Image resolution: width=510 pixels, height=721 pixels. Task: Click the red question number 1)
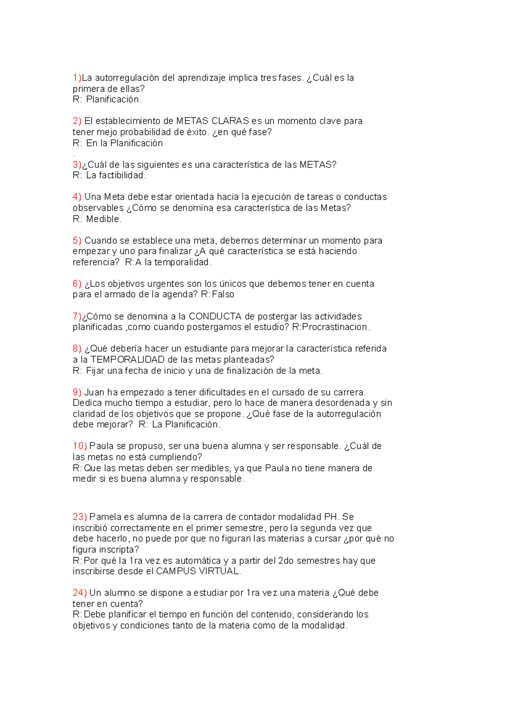tap(77, 78)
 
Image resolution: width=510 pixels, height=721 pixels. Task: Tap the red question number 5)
tap(77, 241)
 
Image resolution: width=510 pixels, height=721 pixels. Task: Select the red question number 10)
tap(79, 446)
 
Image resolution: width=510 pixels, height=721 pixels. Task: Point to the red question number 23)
tap(79, 517)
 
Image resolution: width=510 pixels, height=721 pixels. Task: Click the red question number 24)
tap(79, 593)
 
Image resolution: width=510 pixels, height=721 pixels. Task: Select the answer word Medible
tap(104, 219)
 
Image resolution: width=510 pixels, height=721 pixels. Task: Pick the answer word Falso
tap(223, 294)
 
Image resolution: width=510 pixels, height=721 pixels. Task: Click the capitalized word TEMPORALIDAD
tap(127, 359)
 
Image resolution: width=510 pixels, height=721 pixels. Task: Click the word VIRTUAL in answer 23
tap(222, 571)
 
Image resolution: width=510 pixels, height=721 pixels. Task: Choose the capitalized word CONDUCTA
tap(215, 316)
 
